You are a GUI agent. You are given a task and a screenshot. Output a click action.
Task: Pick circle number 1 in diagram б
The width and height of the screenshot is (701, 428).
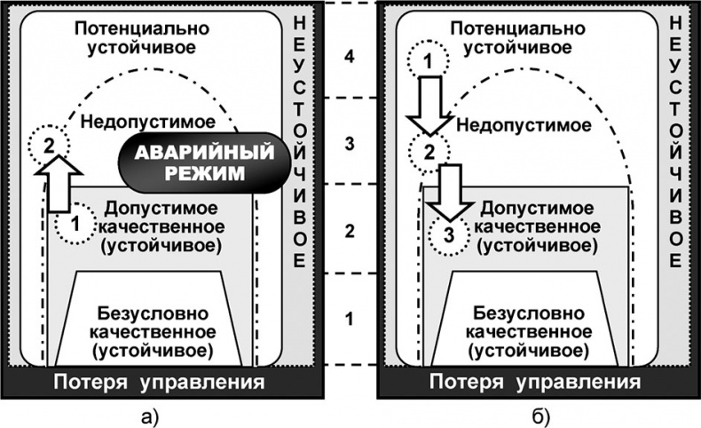pyautogui.click(x=426, y=60)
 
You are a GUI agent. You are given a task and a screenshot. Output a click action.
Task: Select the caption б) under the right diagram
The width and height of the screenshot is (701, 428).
pyautogui.click(x=541, y=413)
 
